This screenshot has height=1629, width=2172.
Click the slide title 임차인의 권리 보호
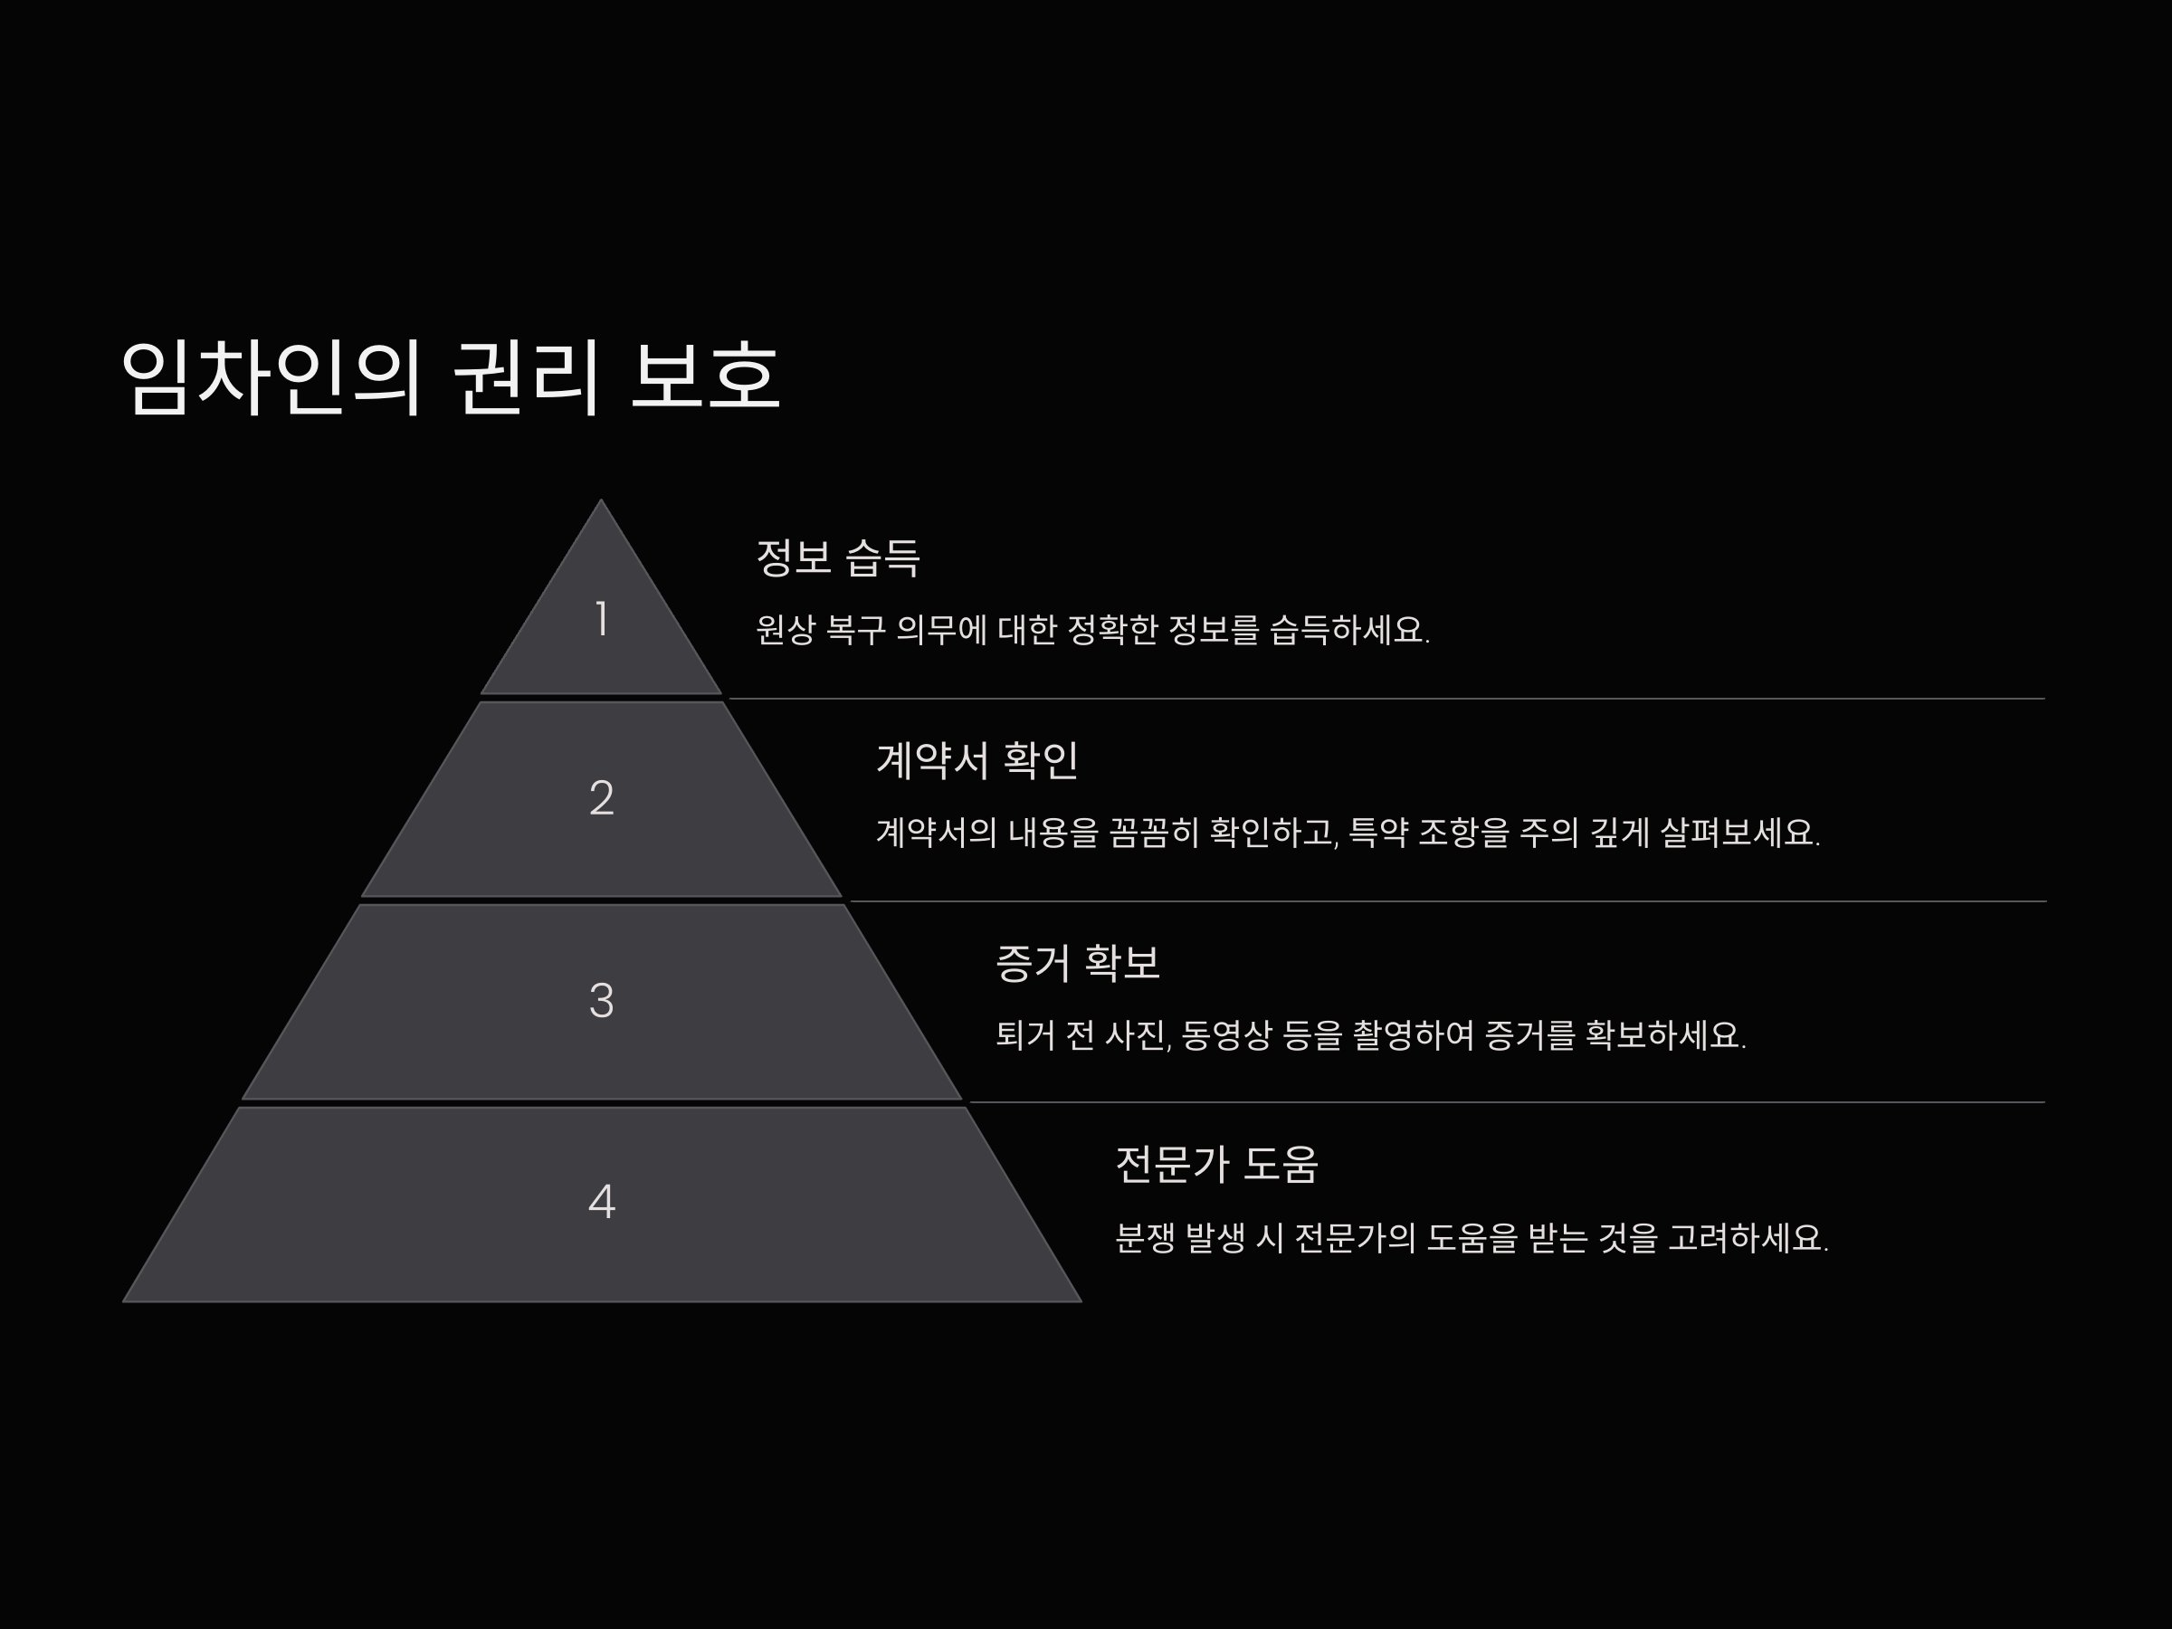pyautogui.click(x=450, y=376)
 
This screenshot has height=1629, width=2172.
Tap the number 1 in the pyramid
pyautogui.click(x=601, y=619)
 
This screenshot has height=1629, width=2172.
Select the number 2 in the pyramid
pyautogui.click(x=601, y=797)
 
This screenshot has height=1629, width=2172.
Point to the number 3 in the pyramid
pyautogui.click(x=601, y=1001)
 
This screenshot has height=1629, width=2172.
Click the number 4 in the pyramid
pyautogui.click(x=601, y=1201)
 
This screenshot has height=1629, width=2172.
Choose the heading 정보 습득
pyautogui.click(x=837, y=557)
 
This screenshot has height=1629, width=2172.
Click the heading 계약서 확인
pyautogui.click(x=977, y=760)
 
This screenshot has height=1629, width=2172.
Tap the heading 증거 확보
pyautogui.click(x=1077, y=962)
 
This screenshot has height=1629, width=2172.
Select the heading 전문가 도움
pyautogui.click(x=1216, y=1165)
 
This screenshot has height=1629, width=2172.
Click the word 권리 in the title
pyautogui.click(x=525, y=376)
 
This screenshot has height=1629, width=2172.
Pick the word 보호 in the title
pyautogui.click(x=704, y=376)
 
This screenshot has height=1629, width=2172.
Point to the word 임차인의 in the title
pyautogui.click(x=270, y=376)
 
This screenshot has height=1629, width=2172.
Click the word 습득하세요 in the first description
pyautogui.click(x=1348, y=629)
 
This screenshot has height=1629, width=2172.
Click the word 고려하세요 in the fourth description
pyautogui.click(x=1748, y=1237)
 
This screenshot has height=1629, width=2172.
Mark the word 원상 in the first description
pyautogui.click(x=786, y=629)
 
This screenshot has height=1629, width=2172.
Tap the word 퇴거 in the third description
pyautogui.click(x=1025, y=1035)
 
